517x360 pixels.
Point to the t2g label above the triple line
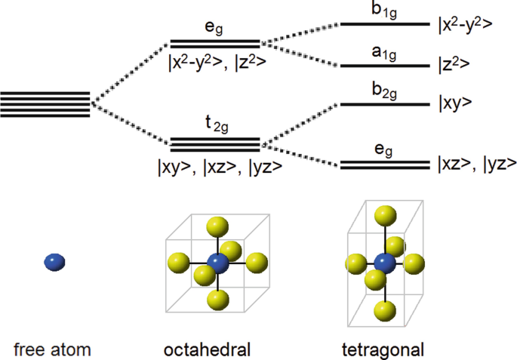[216, 128]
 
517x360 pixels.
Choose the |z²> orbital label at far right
[454, 66]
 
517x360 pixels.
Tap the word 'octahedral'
[208, 349]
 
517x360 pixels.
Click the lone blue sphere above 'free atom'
[55, 262]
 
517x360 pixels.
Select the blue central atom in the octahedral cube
[217, 263]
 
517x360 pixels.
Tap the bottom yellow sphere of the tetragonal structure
[386, 309]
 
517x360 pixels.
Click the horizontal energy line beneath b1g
[386, 25]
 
